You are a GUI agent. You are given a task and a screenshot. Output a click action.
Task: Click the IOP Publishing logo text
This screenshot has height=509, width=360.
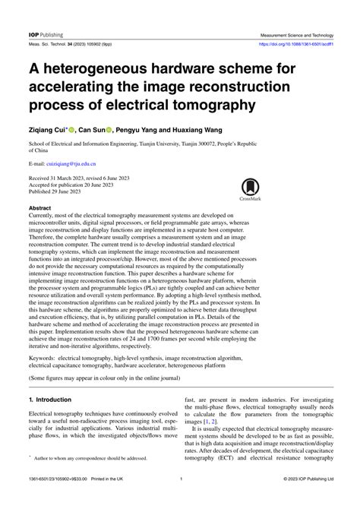(46, 35)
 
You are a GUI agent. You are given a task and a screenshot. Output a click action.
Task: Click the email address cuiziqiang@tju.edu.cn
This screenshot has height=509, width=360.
(74, 163)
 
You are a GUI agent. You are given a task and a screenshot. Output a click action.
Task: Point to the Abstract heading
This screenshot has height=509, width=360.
(39, 207)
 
